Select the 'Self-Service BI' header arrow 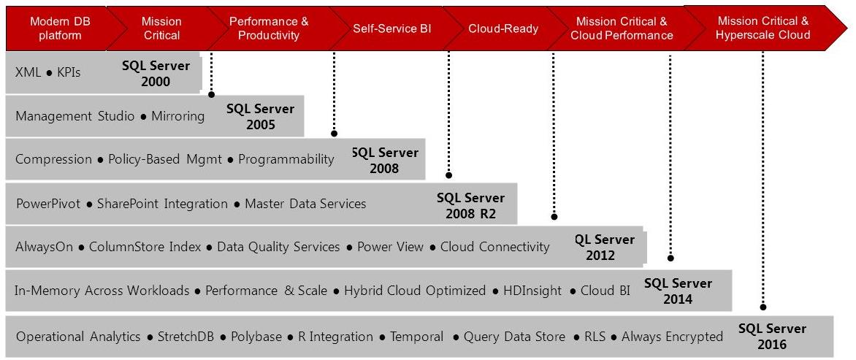[x=392, y=28]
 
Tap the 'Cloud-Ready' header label [x=503, y=29]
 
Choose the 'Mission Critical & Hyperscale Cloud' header [x=763, y=28]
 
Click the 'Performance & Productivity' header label [x=269, y=28]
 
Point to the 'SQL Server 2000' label [x=156, y=74]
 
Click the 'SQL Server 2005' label [x=261, y=116]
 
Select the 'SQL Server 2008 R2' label [x=470, y=205]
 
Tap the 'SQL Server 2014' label [x=678, y=291]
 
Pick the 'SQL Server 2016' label [x=773, y=336]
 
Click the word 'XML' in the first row [x=28, y=72]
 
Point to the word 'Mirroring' [x=178, y=116]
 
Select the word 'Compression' [x=53, y=159]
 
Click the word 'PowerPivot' [x=48, y=204]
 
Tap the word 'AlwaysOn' [x=45, y=247]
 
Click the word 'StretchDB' [x=186, y=337]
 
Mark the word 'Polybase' [x=256, y=337]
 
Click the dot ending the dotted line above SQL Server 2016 [x=763, y=307]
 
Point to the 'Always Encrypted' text [x=672, y=337]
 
